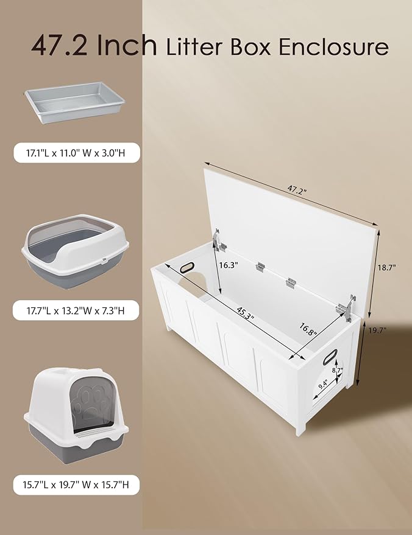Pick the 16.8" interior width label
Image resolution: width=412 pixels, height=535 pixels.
[x=308, y=332]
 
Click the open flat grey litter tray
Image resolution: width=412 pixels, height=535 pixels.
[x=74, y=104]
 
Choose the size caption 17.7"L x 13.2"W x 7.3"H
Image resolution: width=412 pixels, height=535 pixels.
[x=77, y=310]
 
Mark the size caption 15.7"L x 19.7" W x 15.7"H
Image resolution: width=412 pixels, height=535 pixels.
[x=77, y=485]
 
